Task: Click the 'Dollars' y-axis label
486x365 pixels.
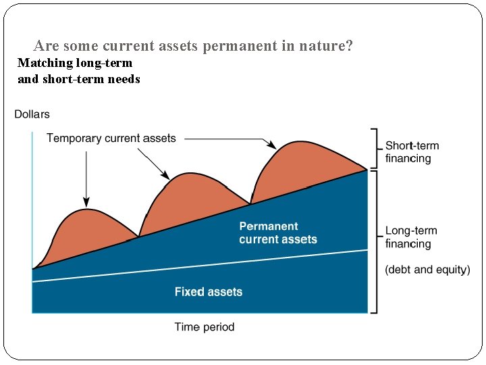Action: pos(32,114)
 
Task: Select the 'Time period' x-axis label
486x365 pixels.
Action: pos(205,327)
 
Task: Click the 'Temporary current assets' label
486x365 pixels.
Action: pos(111,139)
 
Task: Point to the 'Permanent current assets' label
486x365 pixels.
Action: pos(277,233)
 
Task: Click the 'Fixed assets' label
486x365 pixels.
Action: pos(208,292)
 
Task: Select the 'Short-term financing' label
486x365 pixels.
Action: pos(412,152)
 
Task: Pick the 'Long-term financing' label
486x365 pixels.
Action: pos(411,237)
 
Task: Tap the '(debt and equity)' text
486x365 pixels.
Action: pos(427,270)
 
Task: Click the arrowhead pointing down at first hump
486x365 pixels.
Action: pos(86,202)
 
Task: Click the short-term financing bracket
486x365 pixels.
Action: pos(374,149)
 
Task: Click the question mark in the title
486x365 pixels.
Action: pos(349,46)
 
